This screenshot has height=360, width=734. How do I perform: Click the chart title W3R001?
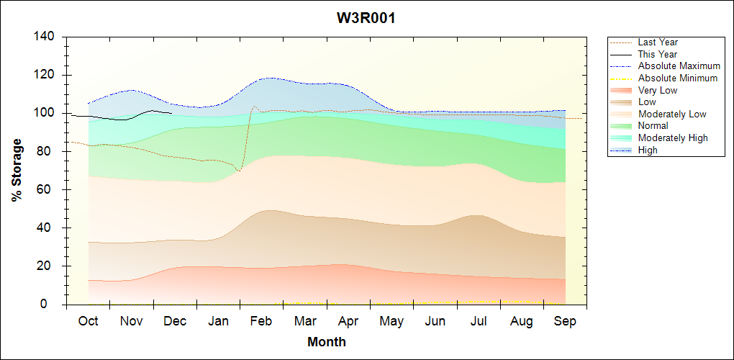coord(366,19)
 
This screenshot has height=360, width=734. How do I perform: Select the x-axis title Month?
coord(327,342)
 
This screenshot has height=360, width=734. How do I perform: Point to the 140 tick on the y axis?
coord(47,37)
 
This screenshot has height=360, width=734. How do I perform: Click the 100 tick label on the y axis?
coord(47,113)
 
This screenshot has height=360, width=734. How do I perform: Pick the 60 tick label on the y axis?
coord(50,189)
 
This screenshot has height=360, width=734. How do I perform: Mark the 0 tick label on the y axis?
coord(54,305)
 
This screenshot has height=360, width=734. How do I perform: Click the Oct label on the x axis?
coord(88,321)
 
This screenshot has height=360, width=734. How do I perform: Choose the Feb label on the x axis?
coord(261,321)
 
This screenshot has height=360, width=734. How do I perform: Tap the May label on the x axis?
coord(391,321)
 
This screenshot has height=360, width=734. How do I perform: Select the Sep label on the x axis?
coord(565,321)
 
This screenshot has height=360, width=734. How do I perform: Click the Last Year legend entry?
coord(657,42)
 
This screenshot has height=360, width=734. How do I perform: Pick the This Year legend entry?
coord(657,54)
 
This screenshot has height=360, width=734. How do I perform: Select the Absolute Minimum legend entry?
coord(677,78)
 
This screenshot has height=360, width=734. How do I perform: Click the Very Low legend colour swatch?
coord(621,90)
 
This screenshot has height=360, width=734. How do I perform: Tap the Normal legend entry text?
coord(653,126)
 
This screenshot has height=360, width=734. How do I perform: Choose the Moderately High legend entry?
coord(672,138)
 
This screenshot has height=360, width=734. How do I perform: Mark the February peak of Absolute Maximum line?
coord(270,78)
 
